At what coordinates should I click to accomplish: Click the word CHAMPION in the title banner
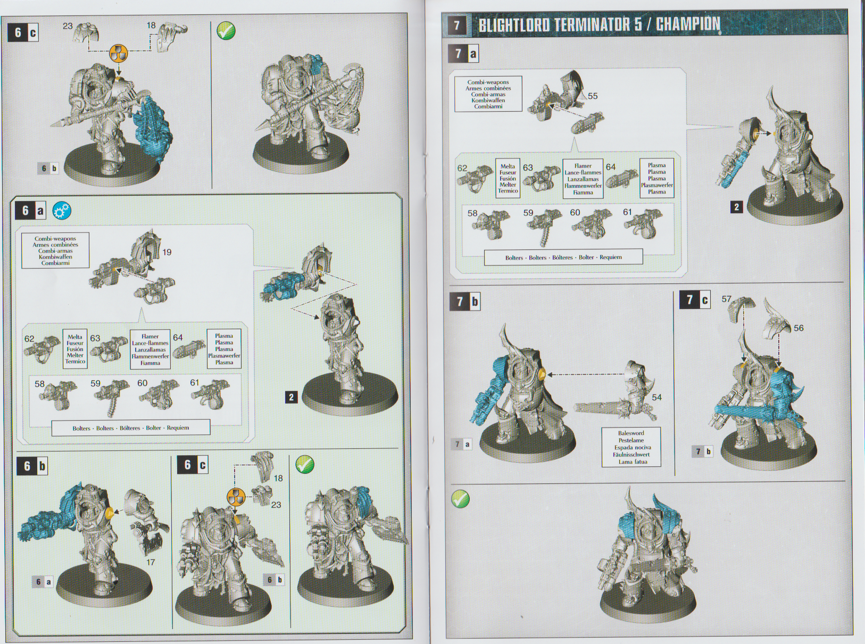coord(688,24)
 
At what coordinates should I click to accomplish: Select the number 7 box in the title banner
coord(456,26)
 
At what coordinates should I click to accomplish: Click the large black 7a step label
coord(464,53)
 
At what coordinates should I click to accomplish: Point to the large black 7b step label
coord(465,302)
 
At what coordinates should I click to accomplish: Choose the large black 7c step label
coord(695,300)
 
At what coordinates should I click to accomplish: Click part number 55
coord(593,96)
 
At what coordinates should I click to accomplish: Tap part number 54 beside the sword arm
coord(657,397)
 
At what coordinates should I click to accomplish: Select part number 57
coord(726,299)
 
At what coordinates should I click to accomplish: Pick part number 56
coord(799,328)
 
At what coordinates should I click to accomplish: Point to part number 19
coord(167,252)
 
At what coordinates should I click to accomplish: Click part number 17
coord(151,562)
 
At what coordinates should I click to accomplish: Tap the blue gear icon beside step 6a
coord(62,211)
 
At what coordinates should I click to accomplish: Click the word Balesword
coord(631,433)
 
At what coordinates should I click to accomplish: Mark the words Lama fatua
coord(633,462)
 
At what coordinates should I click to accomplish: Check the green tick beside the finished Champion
coord(460,499)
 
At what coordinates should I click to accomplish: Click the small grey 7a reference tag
coord(462,444)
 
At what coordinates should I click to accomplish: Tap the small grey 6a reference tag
coord(43,582)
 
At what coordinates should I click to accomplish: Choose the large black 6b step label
coord(32,466)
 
